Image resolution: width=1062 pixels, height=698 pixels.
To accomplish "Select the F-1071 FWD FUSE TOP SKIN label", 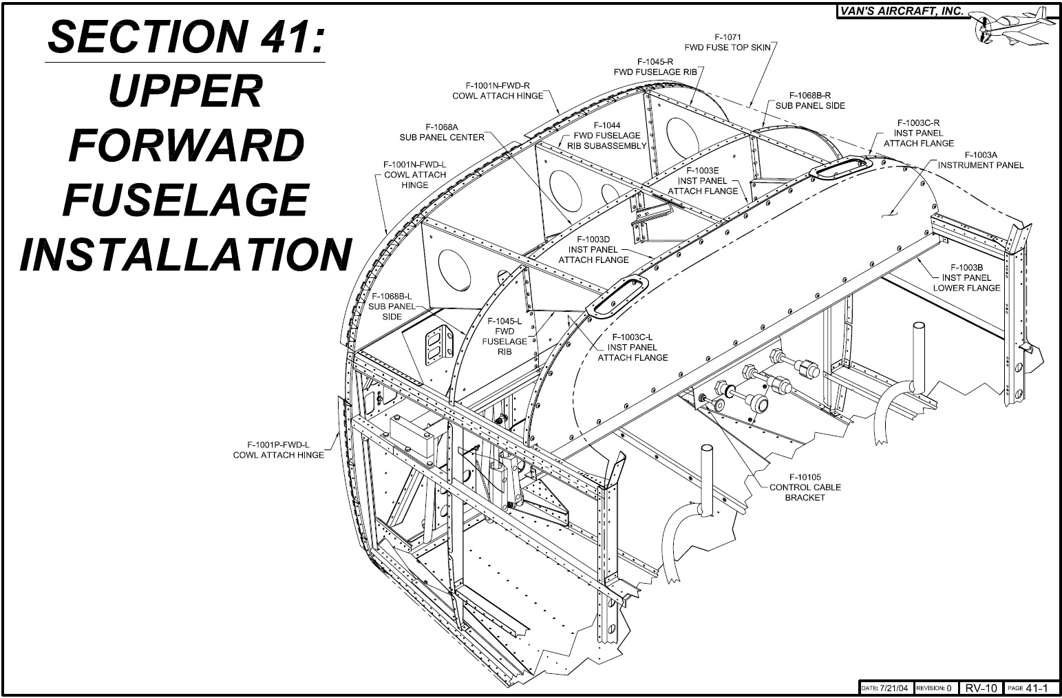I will point(728,43).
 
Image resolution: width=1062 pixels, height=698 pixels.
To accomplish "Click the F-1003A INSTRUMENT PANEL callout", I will point(980,160).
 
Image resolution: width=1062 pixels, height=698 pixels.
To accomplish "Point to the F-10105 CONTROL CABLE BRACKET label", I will point(805,487).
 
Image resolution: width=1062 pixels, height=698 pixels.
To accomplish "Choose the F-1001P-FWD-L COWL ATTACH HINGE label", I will point(278,450).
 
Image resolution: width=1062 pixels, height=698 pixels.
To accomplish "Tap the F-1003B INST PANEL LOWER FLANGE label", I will point(966,277).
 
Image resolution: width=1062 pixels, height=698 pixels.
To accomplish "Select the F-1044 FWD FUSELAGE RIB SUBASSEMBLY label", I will point(606,136).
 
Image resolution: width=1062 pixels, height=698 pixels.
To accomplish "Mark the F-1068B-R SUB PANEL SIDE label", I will point(810,101).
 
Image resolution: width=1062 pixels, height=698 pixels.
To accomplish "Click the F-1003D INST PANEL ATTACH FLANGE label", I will point(593,250).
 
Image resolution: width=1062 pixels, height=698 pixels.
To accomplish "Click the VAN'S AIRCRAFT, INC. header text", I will point(902,11).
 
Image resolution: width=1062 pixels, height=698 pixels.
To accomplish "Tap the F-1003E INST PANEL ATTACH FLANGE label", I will point(703,181).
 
